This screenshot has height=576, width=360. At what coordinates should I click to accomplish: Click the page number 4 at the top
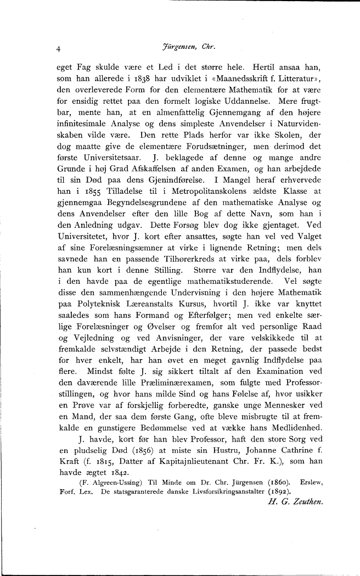point(59,48)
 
